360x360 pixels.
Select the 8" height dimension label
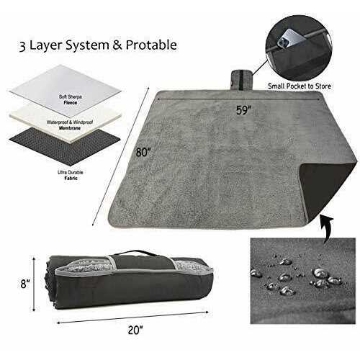[x=25, y=286]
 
